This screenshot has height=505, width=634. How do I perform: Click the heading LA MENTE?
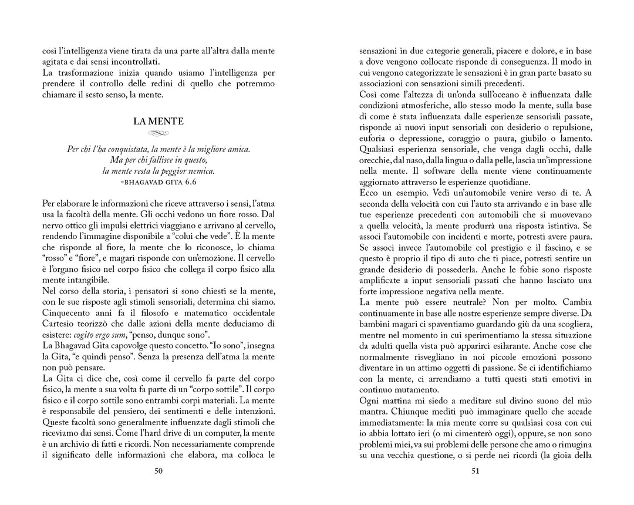158,122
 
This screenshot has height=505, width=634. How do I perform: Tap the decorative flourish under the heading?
158,133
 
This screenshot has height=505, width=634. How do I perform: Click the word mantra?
375,410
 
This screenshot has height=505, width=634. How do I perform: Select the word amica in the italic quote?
237,149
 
